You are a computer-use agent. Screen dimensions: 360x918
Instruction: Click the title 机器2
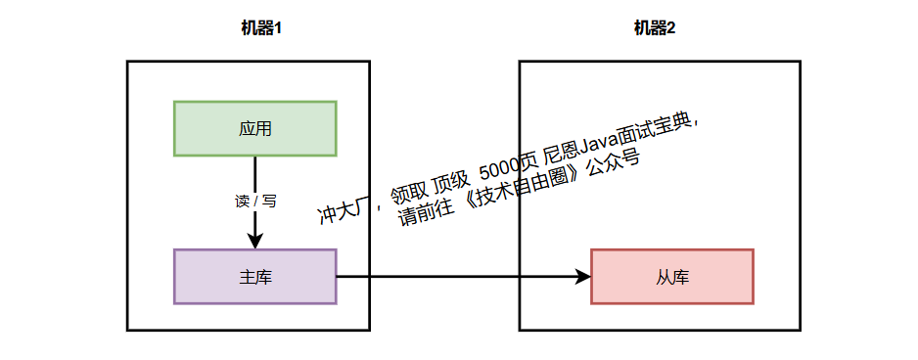[654, 28]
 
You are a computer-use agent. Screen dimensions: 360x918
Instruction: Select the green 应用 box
[254, 128]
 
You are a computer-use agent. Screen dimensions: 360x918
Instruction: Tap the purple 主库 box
[254, 277]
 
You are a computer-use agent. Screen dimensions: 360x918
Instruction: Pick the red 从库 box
[672, 277]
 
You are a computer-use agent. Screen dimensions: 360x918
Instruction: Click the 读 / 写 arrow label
[255, 202]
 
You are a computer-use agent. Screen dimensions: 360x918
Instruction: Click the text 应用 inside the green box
[254, 128]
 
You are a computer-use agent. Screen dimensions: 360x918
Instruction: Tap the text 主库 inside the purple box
[254, 277]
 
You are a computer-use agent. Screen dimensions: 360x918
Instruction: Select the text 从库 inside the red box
[672, 277]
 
